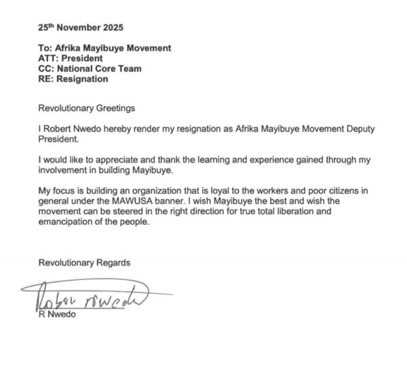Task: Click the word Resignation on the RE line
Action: click(83, 79)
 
